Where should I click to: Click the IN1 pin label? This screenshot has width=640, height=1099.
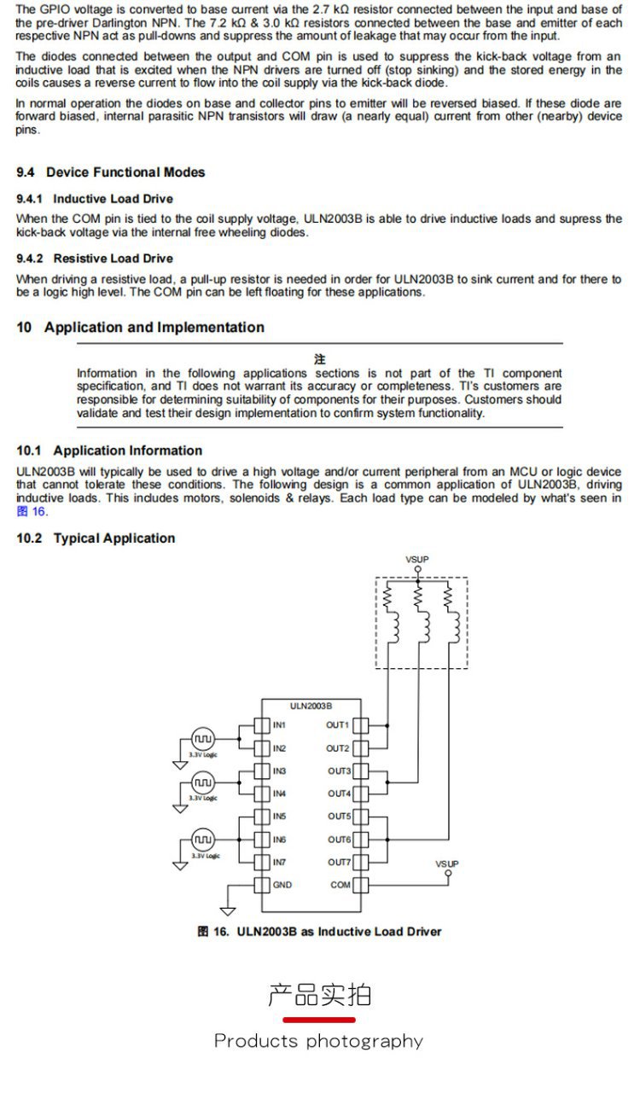pyautogui.click(x=279, y=725)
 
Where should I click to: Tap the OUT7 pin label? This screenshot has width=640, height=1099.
pyautogui.click(x=339, y=863)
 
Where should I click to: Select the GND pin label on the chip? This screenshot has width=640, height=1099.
pyautogui.click(x=282, y=885)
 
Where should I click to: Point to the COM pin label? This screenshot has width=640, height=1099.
pyautogui.click(x=340, y=885)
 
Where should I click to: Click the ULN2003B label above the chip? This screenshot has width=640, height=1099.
pyautogui.click(x=311, y=706)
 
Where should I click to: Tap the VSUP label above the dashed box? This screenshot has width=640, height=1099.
pyautogui.click(x=417, y=560)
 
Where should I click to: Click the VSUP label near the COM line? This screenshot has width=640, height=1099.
pyautogui.click(x=447, y=863)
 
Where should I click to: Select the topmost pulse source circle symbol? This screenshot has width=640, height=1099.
pyautogui.click(x=202, y=738)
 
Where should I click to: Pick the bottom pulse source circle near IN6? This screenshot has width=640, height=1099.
pyautogui.click(x=202, y=839)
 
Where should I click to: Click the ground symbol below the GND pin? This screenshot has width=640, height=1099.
pyautogui.click(x=229, y=910)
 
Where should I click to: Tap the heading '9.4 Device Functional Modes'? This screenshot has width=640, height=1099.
pyautogui.click(x=111, y=172)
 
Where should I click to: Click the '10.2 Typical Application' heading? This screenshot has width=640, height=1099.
pyautogui.click(x=96, y=538)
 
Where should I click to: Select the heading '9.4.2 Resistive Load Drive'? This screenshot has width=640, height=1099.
pyautogui.click(x=95, y=259)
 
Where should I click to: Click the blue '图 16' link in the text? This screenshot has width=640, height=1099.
pyautogui.click(x=32, y=511)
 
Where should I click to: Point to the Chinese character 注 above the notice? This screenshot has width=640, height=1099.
pyautogui.click(x=319, y=359)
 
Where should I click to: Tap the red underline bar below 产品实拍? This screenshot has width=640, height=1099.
pyautogui.click(x=319, y=1020)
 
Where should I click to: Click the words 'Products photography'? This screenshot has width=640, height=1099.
pyautogui.click(x=318, y=1041)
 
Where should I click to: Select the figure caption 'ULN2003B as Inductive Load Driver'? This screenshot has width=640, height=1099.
pyautogui.click(x=339, y=932)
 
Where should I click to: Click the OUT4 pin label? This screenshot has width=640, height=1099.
pyautogui.click(x=339, y=794)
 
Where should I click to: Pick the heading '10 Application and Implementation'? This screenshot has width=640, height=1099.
pyautogui.click(x=141, y=328)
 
